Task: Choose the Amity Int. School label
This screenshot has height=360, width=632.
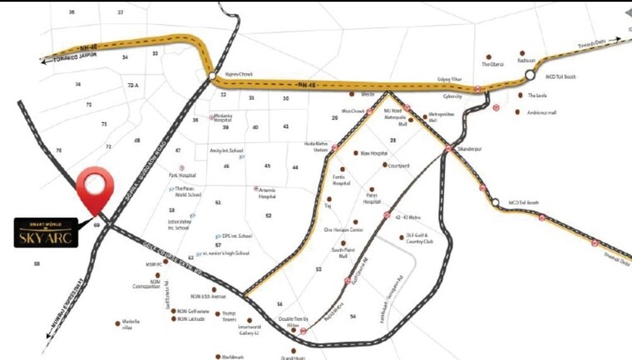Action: coord(226,150)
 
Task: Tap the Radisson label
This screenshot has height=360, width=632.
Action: coord(526,60)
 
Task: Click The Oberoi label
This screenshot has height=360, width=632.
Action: coord(493,64)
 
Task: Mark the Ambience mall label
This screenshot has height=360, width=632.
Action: coord(541,112)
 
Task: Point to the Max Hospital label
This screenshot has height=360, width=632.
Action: coord(374,153)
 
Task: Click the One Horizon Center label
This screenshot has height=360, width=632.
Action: coord(343,229)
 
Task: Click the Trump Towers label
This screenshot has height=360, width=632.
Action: coord(230,318)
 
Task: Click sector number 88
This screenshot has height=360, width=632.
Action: coord(37,264)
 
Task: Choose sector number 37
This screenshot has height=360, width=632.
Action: coord(121,13)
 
